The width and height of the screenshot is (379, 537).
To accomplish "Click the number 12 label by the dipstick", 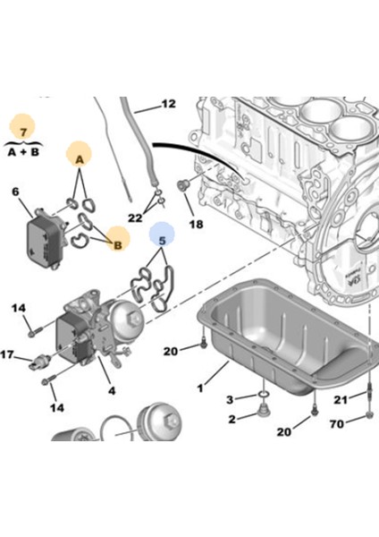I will (x=168, y=105).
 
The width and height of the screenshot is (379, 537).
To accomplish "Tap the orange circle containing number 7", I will (x=22, y=128).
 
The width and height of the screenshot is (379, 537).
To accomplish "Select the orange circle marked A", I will (x=79, y=158).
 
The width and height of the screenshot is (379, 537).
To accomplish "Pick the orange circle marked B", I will (x=116, y=239).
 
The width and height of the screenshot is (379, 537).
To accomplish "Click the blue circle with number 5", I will (x=162, y=237).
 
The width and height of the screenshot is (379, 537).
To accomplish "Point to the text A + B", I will (x=22, y=151).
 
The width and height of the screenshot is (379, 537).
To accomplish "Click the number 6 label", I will (x=15, y=192).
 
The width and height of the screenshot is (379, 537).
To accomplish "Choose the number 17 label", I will (x=7, y=354).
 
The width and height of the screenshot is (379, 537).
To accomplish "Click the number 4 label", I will (x=112, y=390).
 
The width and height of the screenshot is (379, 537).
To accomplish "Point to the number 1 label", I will (x=201, y=389).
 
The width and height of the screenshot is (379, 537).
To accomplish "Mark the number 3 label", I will (x=230, y=398).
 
